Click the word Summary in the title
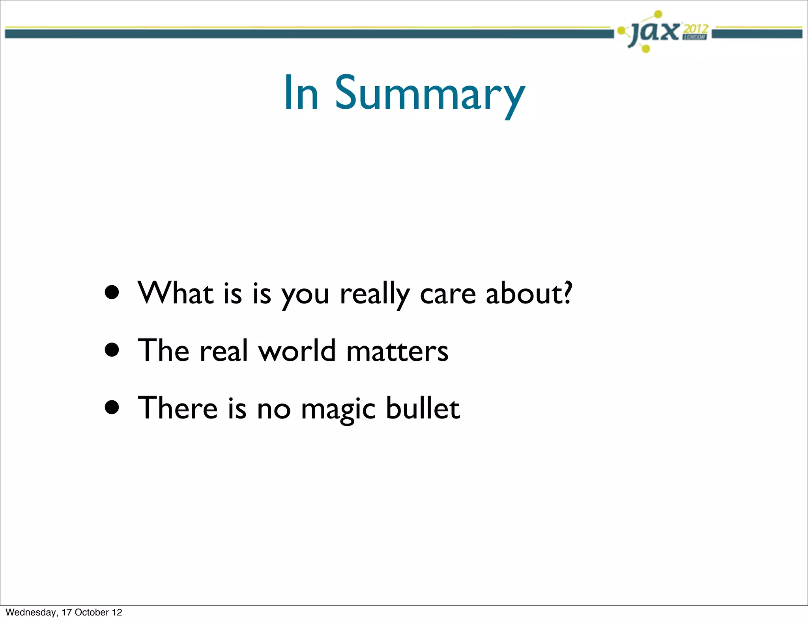click(430, 94)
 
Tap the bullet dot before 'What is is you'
click(112, 293)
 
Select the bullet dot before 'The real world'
click(112, 350)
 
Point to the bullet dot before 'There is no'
click(112, 407)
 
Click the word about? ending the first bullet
click(529, 293)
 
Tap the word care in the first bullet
click(448, 295)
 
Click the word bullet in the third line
click(423, 408)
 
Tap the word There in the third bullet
click(178, 408)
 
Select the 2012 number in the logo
click(696, 29)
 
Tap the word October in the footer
click(92, 612)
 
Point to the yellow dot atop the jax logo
click(658, 15)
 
